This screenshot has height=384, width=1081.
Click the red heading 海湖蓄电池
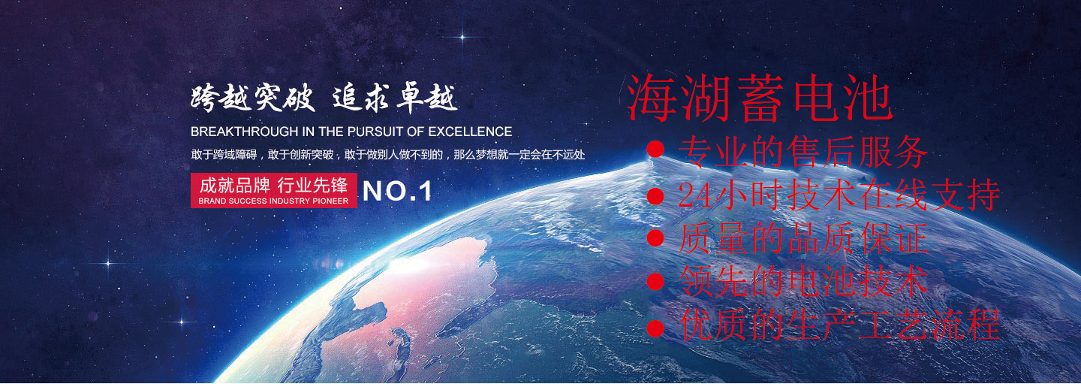tap(760, 98)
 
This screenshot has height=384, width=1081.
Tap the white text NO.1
tap(396, 191)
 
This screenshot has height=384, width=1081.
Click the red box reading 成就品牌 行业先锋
tap(273, 190)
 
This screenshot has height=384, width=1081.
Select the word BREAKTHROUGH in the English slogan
tap(245, 132)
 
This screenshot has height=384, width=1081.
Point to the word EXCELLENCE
tap(470, 132)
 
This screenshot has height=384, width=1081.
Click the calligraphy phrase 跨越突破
tap(252, 98)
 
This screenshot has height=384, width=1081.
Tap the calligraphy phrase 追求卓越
tap(395, 98)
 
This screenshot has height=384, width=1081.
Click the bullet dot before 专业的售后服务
tap(655, 150)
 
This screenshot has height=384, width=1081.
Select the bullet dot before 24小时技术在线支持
tap(655, 196)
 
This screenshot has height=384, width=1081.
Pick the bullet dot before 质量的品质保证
tap(655, 239)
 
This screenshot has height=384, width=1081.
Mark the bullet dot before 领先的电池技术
tap(655, 282)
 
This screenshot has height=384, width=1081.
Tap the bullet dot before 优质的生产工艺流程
tap(655, 328)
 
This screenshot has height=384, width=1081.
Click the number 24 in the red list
tap(695, 196)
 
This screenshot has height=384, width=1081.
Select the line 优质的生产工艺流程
tap(839, 325)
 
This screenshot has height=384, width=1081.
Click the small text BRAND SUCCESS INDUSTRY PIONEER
tap(273, 201)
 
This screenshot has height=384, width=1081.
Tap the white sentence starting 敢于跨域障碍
tap(387, 155)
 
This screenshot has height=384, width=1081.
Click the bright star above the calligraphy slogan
tap(462, 37)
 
